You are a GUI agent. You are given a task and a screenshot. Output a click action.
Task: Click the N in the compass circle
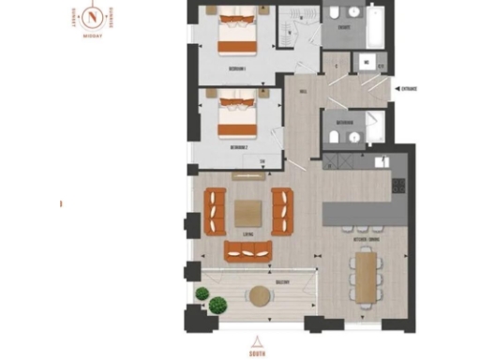pos(92,17)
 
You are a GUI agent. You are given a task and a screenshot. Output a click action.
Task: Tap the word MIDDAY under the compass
pos(92,37)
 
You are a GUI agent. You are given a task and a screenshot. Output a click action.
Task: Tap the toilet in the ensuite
pos(336,14)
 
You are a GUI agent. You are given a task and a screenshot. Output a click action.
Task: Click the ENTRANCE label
pos(409,89)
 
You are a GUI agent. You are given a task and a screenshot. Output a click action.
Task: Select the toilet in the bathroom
pos(335,136)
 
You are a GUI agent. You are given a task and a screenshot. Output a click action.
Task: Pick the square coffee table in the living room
pos(248,214)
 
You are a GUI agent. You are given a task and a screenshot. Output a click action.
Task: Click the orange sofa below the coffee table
pos(247,250)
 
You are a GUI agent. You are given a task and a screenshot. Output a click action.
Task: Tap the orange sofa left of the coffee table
pos(216,210)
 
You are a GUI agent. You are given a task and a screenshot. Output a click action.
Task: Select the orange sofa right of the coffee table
pos(282,210)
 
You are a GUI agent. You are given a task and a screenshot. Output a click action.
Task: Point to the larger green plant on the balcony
pos(218,305)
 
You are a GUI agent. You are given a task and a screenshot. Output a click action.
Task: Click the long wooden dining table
pos(365,277)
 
